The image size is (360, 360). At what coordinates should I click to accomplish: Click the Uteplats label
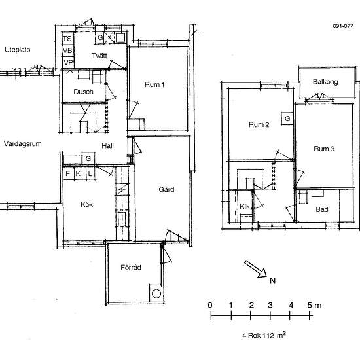pos(18,50)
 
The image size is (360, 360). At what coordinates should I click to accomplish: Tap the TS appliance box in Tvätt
pos(67,39)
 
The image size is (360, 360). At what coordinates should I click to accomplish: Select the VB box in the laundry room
pos(67,51)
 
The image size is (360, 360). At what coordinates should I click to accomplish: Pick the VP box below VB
pos(68,62)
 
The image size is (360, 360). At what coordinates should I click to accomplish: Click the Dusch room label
pos(83,92)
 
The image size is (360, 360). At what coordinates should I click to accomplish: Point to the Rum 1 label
pos(154,84)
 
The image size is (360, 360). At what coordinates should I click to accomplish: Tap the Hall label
pos(108,145)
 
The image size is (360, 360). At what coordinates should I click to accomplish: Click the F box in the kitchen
pos(68,173)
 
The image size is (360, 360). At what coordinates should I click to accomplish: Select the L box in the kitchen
pos(90,173)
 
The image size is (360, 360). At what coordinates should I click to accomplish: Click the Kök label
pos(87,204)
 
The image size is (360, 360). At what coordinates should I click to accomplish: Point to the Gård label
pos(166,189)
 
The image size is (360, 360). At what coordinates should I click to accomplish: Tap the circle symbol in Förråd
pos(156,294)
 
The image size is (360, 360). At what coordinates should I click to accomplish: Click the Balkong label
pos(325,82)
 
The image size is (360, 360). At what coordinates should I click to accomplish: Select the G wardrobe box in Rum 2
pos(287,118)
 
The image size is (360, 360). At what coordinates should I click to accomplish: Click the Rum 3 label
pos(324,149)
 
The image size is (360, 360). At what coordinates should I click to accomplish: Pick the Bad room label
pos(322,209)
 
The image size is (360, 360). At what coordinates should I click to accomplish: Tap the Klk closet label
pos(245,206)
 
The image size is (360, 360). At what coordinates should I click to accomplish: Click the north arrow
pos(255,269)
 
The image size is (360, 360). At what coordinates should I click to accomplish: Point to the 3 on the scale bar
pos(270,305)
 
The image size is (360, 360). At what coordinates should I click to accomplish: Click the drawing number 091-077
pos(343,26)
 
